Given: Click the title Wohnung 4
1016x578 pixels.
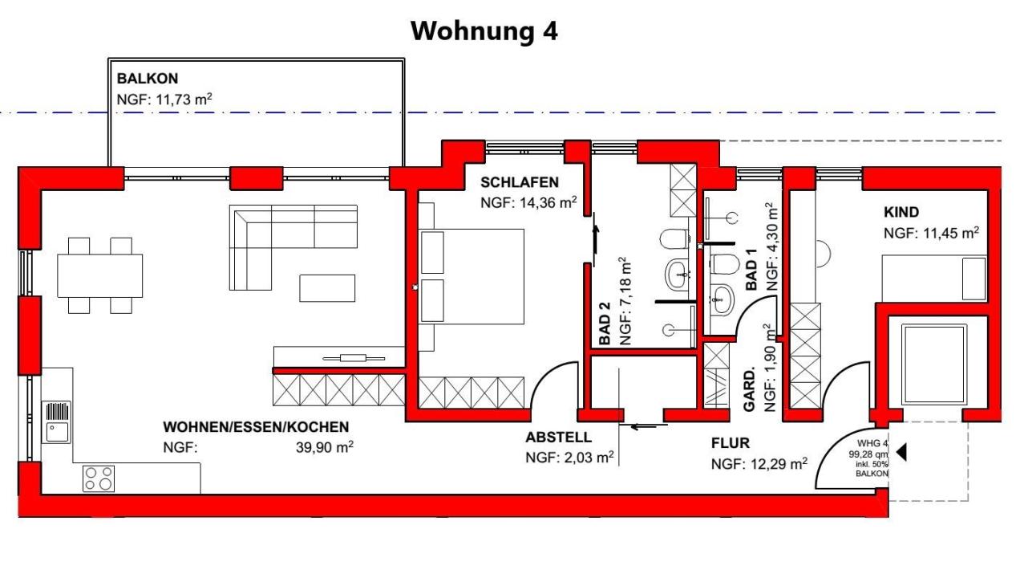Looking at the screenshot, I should [484, 31].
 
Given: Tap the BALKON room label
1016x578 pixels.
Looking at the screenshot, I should [147, 79].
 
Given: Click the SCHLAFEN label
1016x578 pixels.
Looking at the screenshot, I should [519, 182].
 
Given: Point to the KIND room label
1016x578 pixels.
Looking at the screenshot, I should [901, 213].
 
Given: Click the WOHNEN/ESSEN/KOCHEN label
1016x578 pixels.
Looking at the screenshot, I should [256, 427].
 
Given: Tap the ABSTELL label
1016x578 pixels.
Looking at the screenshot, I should [558, 438].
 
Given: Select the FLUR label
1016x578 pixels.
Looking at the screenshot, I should [730, 443].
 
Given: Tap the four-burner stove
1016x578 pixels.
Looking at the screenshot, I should [99, 478].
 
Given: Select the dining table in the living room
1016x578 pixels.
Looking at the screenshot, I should [99, 275].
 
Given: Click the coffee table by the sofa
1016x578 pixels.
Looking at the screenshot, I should [327, 287].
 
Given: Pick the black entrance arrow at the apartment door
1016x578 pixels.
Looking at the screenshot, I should [901, 452].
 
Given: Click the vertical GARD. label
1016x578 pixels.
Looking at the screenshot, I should [750, 391].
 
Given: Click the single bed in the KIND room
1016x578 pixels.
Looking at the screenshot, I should [934, 278].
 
